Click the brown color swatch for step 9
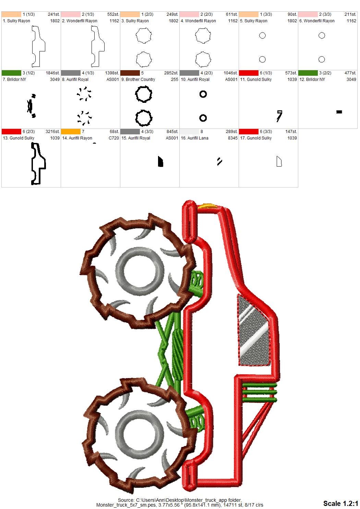tap(130, 73)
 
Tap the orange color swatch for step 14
tap(71, 132)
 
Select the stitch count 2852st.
tap(171, 73)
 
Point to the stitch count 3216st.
tap(52, 132)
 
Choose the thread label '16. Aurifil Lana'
tap(194, 138)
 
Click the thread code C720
tap(113, 138)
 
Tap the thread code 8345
tap(232, 138)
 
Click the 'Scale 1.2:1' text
tap(340, 503)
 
